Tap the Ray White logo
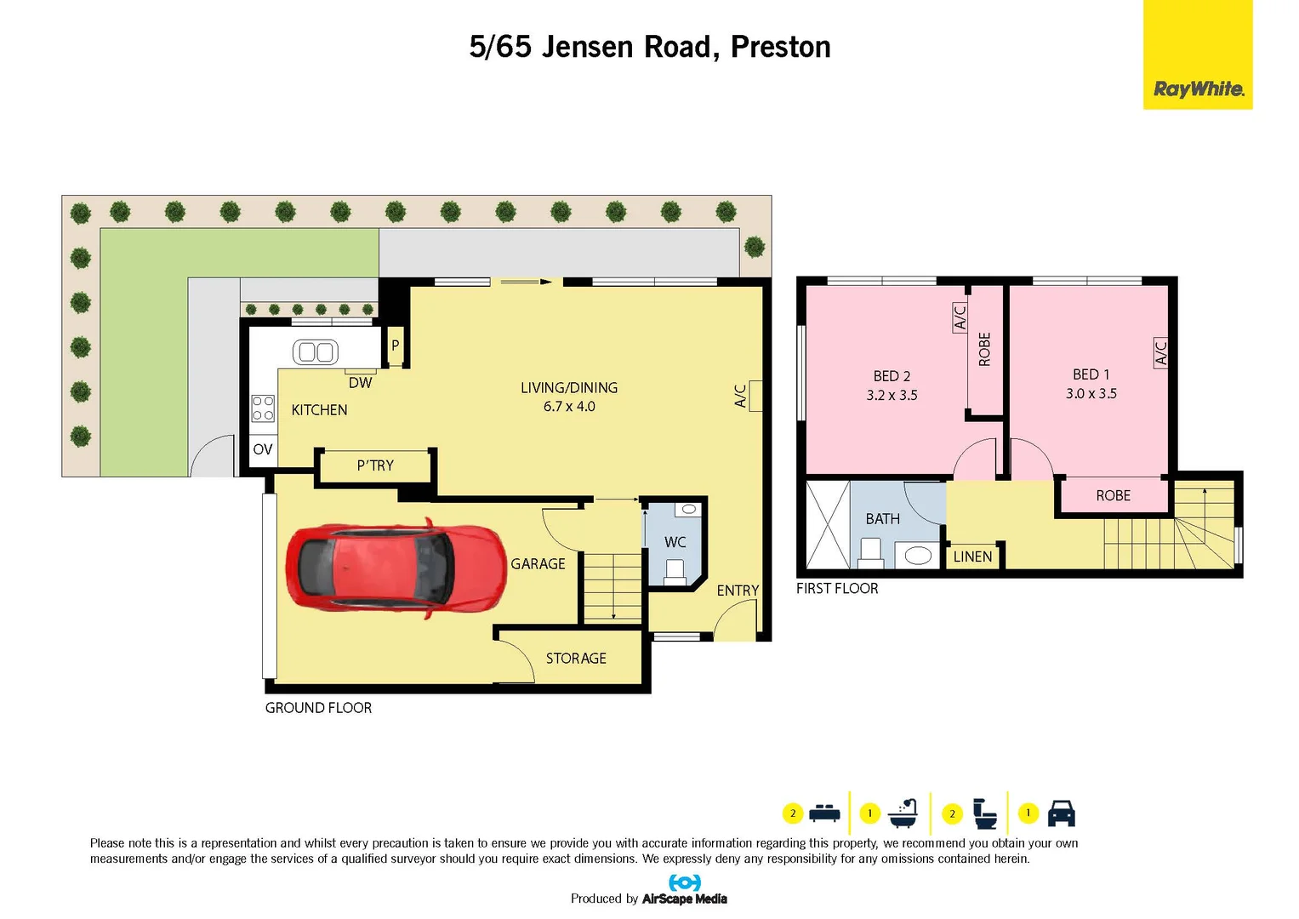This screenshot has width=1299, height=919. [1198, 88]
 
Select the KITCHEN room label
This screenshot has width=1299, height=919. [319, 410]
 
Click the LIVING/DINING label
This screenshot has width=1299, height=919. [569, 388]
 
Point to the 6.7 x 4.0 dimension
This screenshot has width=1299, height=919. [569, 407]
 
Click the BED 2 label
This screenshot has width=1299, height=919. [892, 376]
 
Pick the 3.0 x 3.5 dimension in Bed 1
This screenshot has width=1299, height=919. [1091, 394]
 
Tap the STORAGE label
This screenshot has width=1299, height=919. [576, 659]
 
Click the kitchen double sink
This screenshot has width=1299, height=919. [316, 351]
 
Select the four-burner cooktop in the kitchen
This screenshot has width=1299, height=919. [263, 408]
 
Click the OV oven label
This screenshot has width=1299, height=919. [263, 449]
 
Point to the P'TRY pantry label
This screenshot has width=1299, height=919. [375, 465]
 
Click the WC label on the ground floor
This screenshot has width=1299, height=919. [675, 542]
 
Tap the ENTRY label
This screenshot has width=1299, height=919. [738, 591]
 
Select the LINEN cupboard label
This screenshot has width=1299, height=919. [972, 557]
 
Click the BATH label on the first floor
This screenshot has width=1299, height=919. [882, 519]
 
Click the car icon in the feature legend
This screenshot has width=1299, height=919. [1061, 813]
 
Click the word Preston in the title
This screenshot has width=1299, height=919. [780, 47]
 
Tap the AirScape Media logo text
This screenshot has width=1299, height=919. [684, 899]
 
